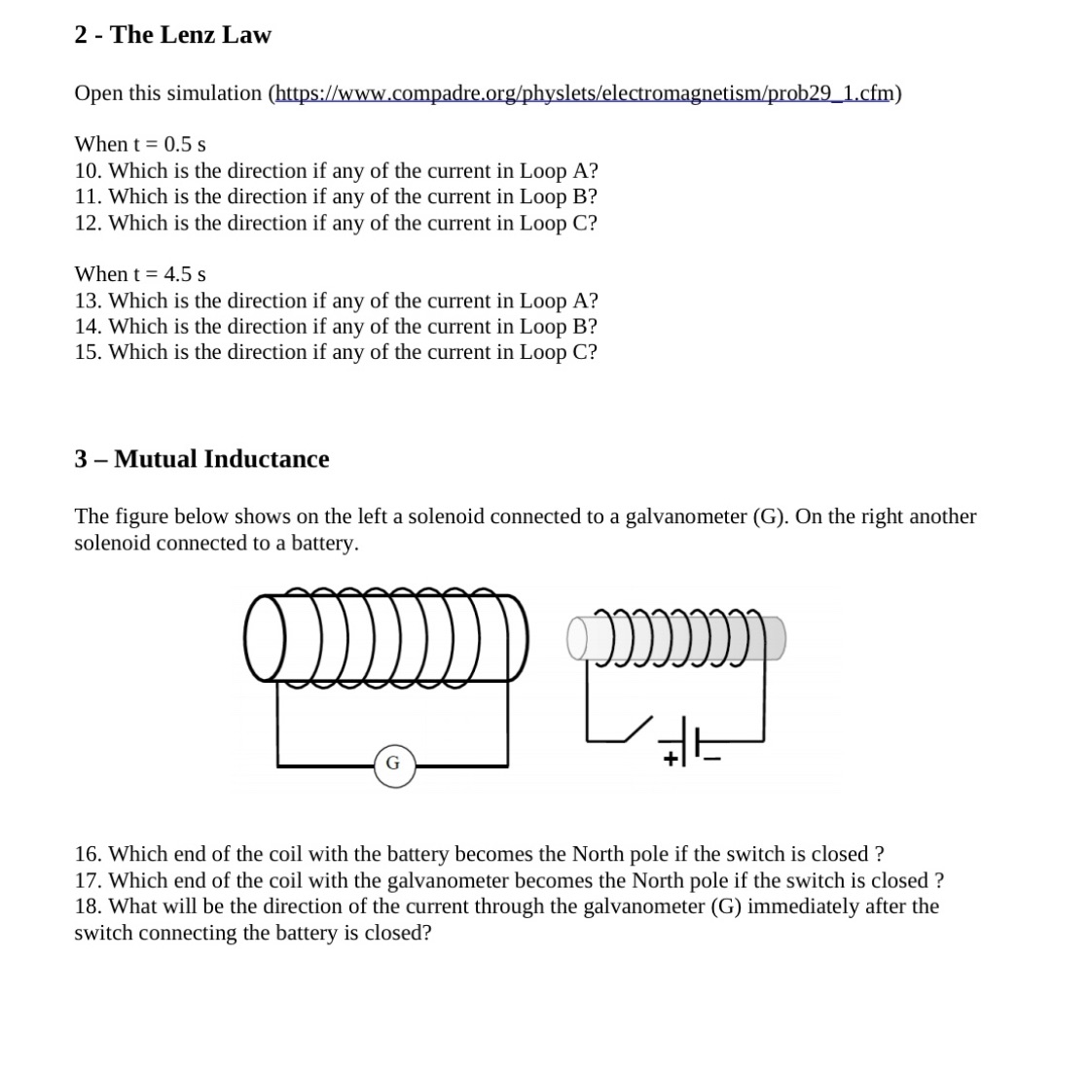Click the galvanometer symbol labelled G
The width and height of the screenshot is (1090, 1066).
coord(392,764)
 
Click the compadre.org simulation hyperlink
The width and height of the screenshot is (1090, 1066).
coord(586,93)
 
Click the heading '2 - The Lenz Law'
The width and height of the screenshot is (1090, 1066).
coord(172,35)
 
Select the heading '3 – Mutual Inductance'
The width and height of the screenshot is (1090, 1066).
coord(201,459)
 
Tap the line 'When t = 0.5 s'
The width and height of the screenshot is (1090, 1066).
coord(140,144)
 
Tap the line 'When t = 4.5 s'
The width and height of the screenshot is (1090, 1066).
coord(140,274)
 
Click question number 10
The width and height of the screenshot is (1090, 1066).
coord(87,170)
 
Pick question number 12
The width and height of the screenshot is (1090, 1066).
coord(87,223)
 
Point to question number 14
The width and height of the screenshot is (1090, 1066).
coord(87,326)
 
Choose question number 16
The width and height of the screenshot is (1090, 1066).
coord(87,854)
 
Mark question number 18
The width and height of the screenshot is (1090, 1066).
coord(87,906)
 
